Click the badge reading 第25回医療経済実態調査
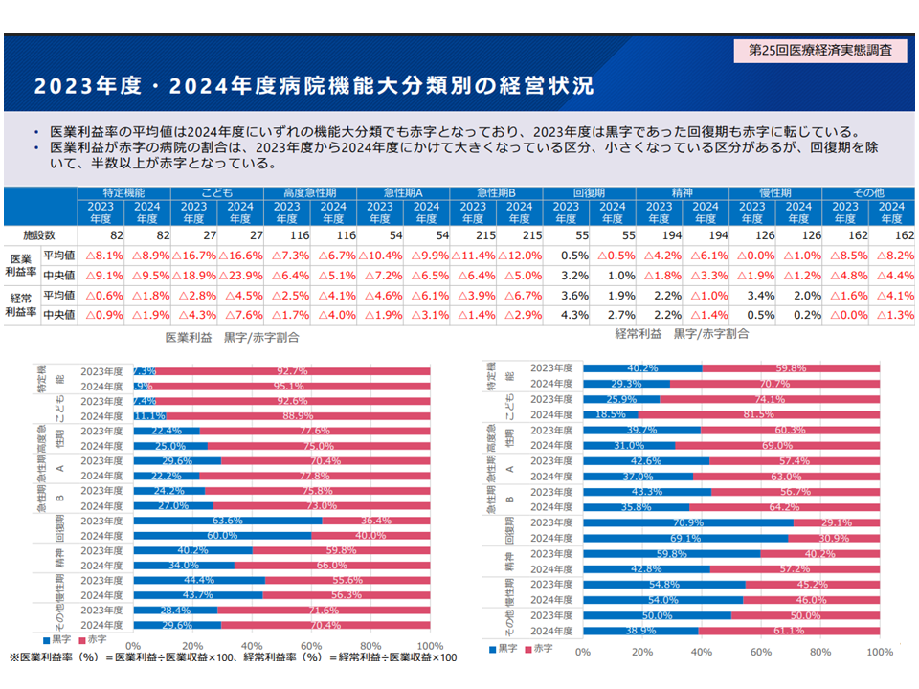820,50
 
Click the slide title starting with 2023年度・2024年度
313,86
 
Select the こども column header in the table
217,192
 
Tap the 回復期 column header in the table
589,192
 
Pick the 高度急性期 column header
310,192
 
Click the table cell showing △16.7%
194,256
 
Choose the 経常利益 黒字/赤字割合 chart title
682,334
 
